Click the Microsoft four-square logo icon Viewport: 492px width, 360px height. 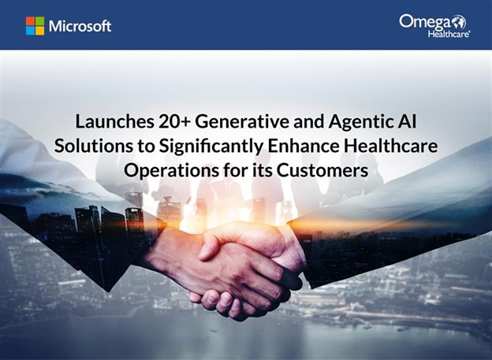[x=35, y=26]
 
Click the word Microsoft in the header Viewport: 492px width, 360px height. [x=80, y=26]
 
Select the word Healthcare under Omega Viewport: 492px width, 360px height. [x=449, y=34]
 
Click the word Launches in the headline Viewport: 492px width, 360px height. [x=114, y=121]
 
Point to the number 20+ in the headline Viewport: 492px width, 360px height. [x=175, y=121]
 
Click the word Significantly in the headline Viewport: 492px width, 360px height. [x=211, y=147]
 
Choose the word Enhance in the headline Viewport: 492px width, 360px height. [x=303, y=147]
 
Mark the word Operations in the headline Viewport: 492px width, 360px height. [x=171, y=171]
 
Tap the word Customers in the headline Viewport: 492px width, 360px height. [x=322, y=171]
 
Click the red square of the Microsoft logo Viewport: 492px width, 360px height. [x=30, y=21]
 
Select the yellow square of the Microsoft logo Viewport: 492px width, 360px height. [x=40, y=31]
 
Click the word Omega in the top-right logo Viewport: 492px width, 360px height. [x=424, y=22]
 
